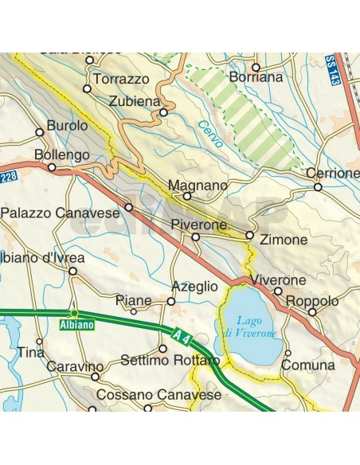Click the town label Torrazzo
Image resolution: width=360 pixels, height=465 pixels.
click(x=121, y=80)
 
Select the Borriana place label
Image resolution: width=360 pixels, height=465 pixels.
click(x=255, y=78)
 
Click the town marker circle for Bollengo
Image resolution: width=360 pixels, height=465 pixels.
click(x=52, y=168)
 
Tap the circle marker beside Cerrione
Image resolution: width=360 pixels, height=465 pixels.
click(x=317, y=188)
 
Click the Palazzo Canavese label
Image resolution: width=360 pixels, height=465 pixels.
click(x=61, y=213)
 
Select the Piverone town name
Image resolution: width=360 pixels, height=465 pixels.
click(x=199, y=225)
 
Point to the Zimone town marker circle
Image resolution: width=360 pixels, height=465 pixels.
click(x=249, y=236)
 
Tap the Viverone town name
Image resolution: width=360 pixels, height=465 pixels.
click(x=278, y=280)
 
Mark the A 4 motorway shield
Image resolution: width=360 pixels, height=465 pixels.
click(x=182, y=331)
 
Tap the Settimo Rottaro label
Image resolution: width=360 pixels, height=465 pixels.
click(x=170, y=361)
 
